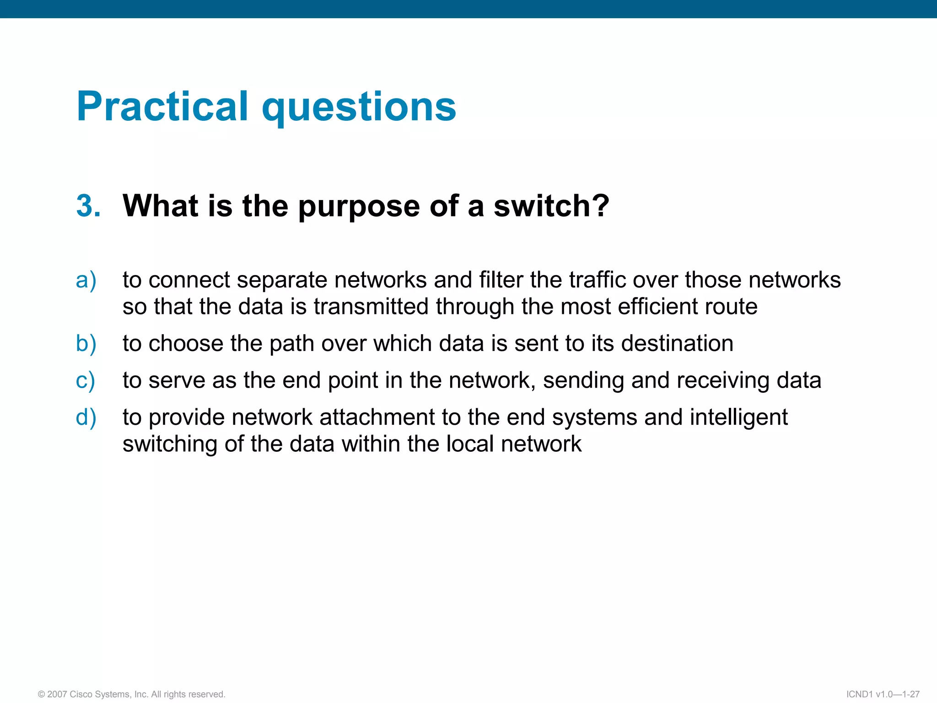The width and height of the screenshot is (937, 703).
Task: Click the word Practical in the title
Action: point(162,107)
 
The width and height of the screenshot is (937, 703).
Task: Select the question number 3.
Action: point(88,205)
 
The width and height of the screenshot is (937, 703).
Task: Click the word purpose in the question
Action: point(359,207)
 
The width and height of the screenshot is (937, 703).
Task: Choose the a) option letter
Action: point(86,280)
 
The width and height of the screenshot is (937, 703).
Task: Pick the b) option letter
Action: point(86,344)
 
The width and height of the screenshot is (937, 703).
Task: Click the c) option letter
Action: point(86,381)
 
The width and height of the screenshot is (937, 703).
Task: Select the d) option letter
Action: point(86,417)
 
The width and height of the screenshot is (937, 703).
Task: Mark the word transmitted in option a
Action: point(372,307)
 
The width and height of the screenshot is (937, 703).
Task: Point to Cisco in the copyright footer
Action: point(80,694)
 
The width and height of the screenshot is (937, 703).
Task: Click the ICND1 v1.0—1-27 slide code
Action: point(883,694)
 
